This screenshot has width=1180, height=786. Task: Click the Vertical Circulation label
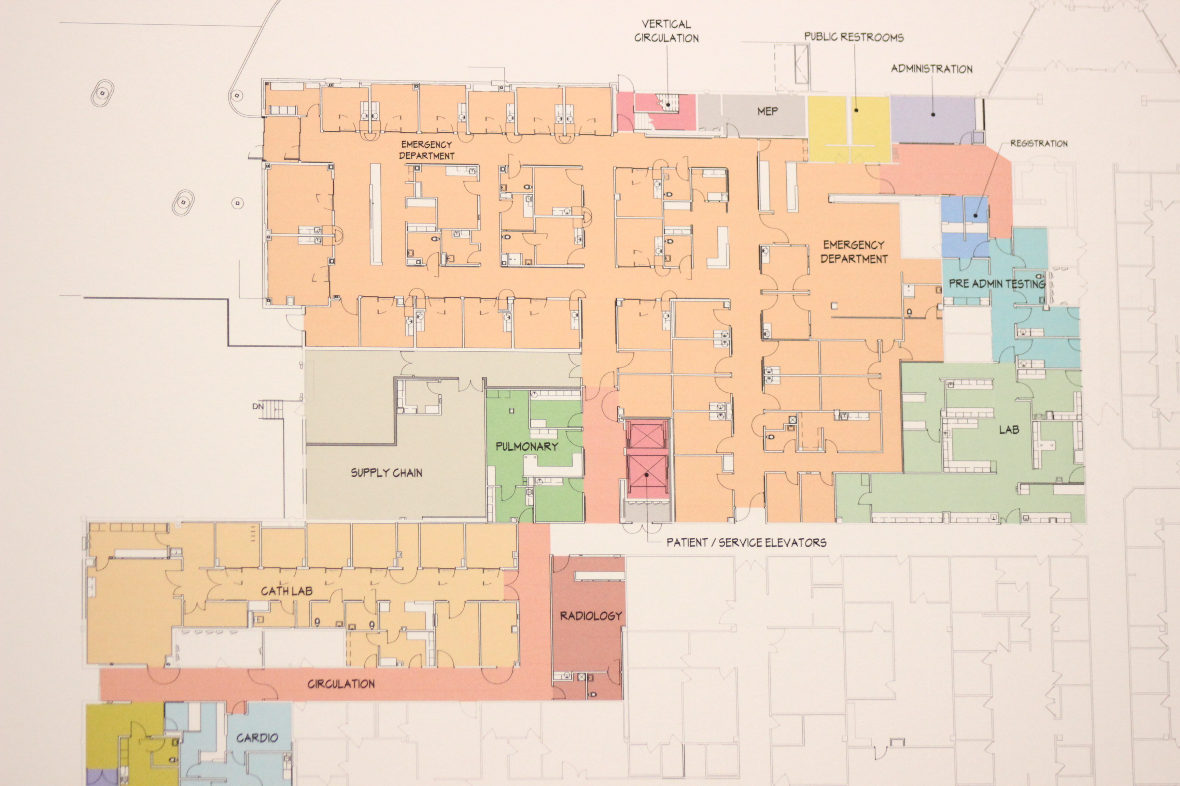[666, 31]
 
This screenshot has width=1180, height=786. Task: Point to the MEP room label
[768, 111]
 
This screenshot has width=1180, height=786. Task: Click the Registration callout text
[1039, 143]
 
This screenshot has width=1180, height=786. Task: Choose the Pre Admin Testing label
[996, 284]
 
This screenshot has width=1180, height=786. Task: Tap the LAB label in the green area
[1009, 430]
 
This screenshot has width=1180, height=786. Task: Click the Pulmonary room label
[527, 446]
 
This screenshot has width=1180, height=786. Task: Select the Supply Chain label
[386, 473]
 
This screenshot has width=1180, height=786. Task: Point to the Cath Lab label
[286, 591]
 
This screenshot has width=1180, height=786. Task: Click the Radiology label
[590, 615]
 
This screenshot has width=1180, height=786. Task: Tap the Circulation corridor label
[341, 684]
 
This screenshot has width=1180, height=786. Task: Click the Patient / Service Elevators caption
[746, 542]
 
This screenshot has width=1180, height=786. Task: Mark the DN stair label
[258, 407]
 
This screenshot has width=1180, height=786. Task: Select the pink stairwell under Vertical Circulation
[662, 110]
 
